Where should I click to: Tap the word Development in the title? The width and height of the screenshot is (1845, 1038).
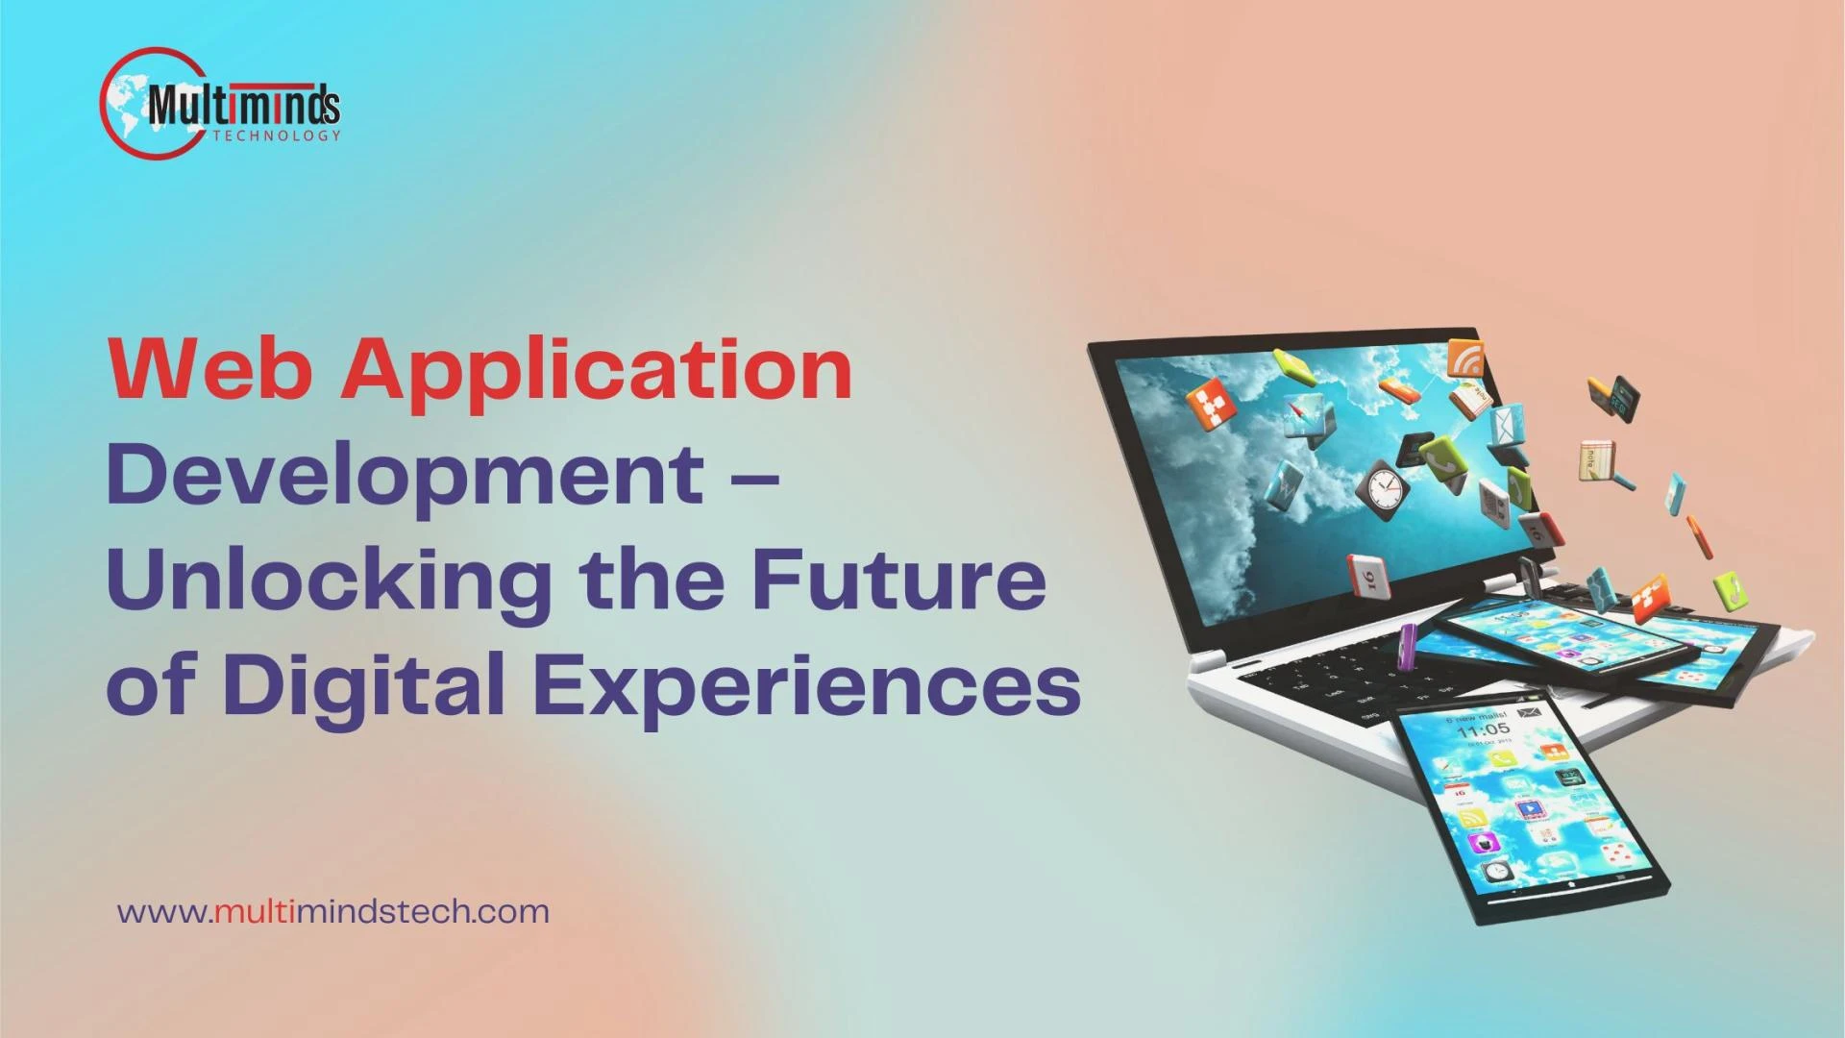click(405, 477)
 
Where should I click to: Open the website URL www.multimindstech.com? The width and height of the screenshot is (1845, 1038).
click(333, 911)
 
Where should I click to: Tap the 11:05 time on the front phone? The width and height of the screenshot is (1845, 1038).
click(1481, 730)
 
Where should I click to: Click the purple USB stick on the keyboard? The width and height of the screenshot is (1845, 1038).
click(1407, 645)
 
